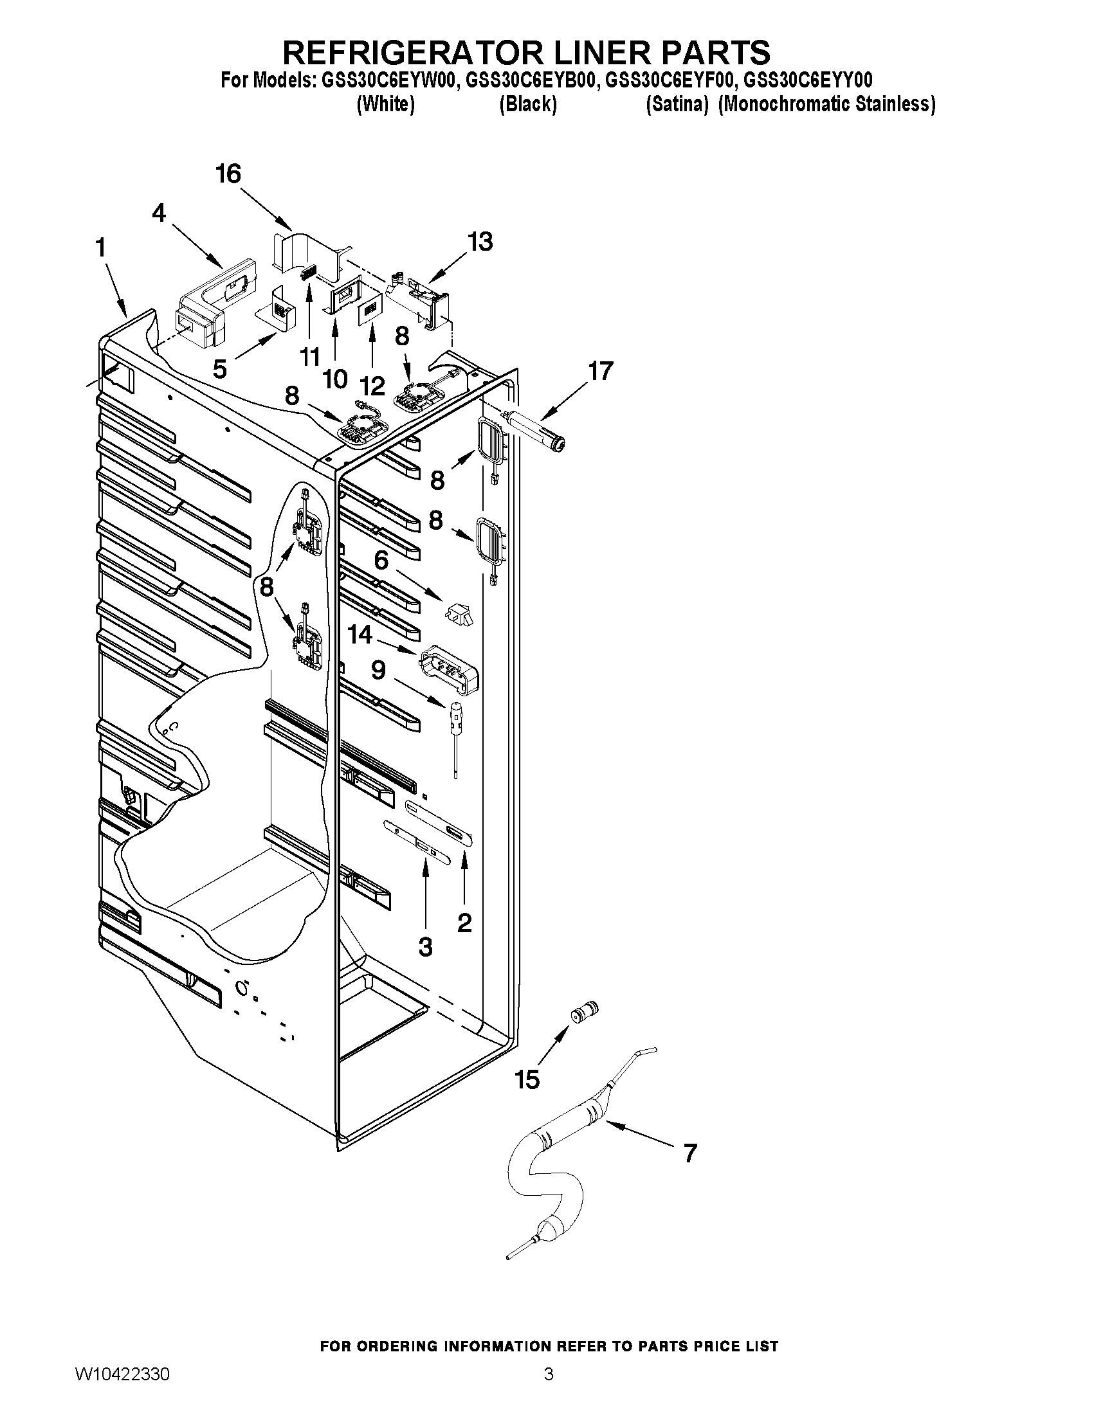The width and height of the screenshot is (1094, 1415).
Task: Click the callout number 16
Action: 228,174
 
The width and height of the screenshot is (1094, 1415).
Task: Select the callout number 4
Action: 160,213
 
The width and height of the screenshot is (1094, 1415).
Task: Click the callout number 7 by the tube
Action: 690,1153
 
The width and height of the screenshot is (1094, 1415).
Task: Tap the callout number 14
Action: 360,635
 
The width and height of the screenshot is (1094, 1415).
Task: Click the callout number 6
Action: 381,560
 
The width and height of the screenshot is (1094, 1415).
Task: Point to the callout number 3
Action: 425,947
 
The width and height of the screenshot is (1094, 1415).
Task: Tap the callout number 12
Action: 372,386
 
